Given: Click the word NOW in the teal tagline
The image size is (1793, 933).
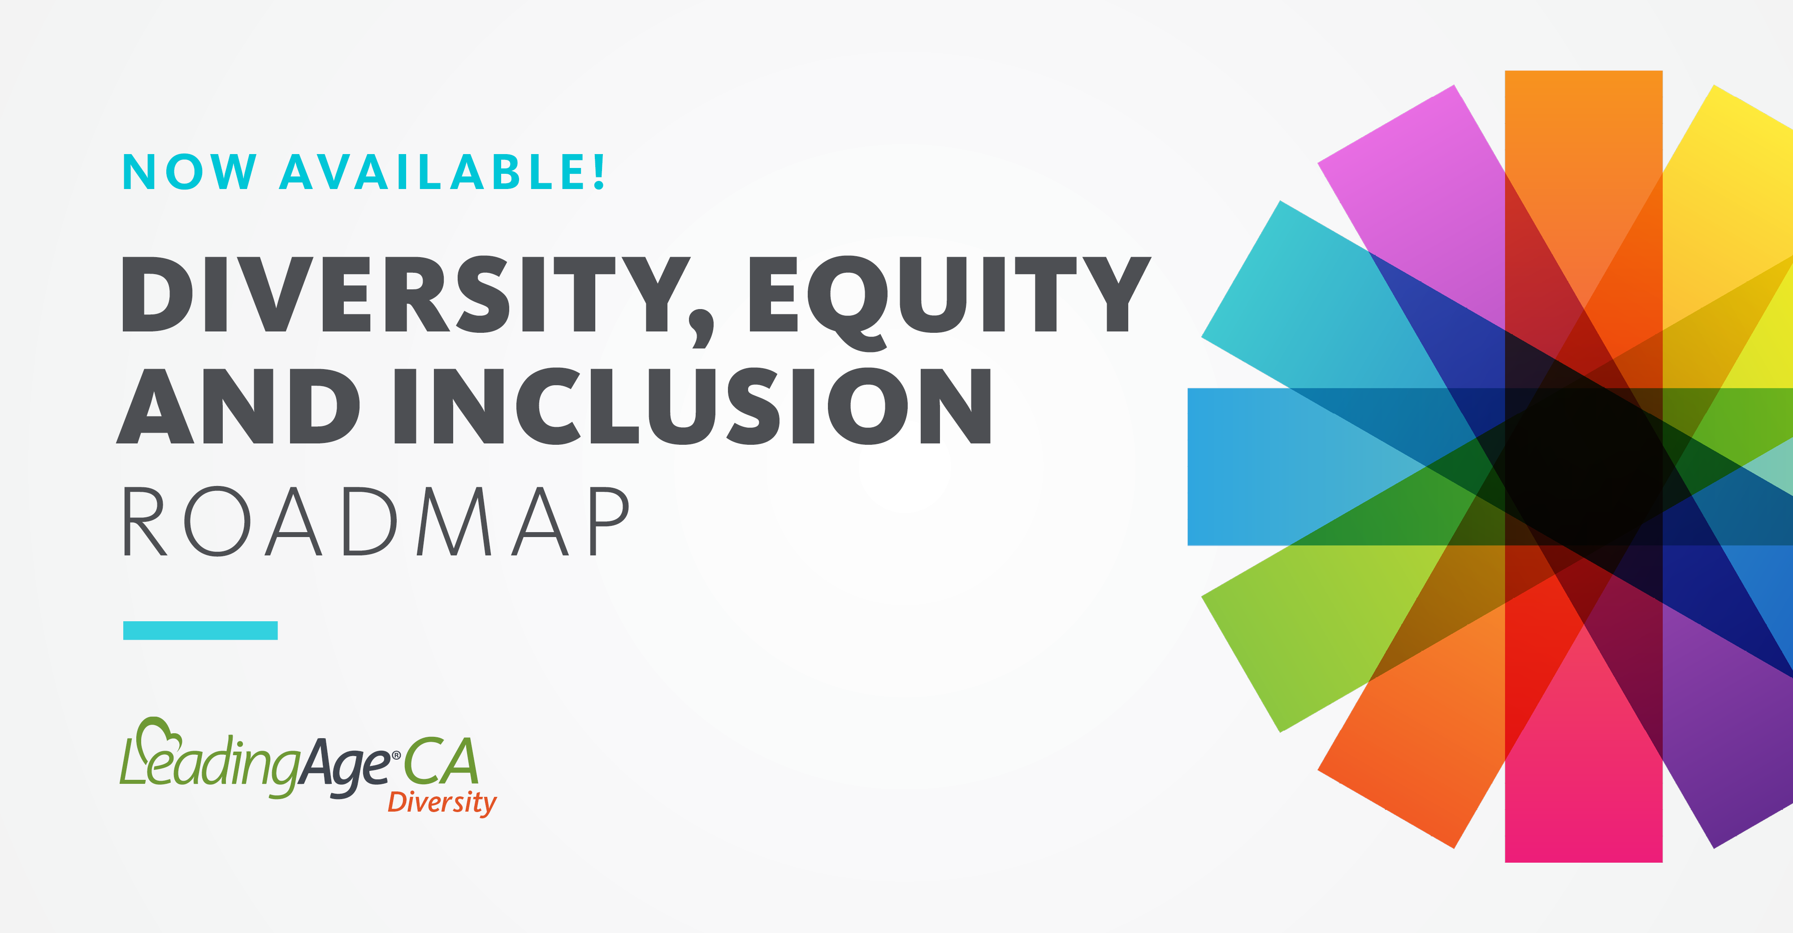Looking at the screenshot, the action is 189,171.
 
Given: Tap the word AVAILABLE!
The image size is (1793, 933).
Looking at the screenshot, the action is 442,171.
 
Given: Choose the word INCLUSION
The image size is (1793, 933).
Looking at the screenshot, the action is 693,406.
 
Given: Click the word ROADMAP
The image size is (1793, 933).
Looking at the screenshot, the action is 376,521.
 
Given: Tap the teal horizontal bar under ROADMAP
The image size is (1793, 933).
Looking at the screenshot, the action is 200,630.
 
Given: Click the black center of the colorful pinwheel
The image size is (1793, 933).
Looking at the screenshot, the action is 1584,466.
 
